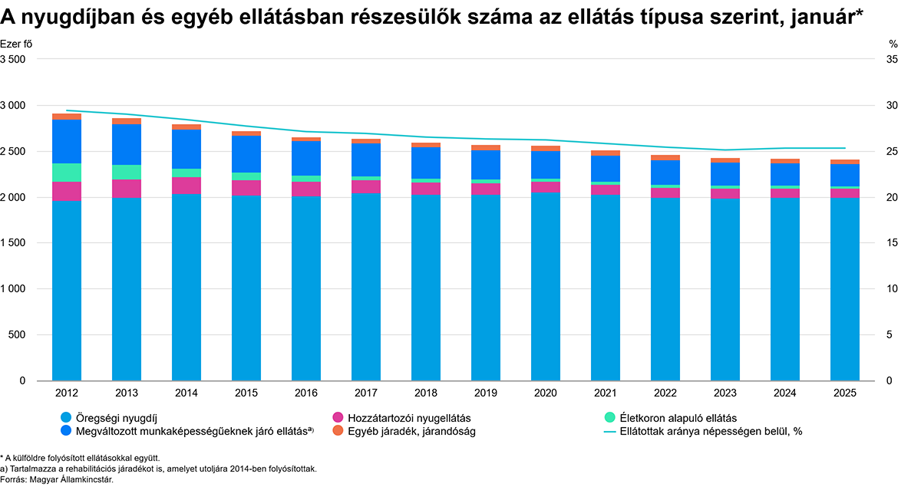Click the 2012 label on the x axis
pyautogui.click(x=67, y=393)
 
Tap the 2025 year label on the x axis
pyautogui.click(x=845, y=393)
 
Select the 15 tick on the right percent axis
pyautogui.click(x=892, y=243)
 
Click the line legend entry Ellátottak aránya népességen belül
pyautogui.click(x=702, y=432)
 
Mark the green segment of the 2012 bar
pyautogui.click(x=67, y=173)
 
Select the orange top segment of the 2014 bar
pyautogui.click(x=187, y=127)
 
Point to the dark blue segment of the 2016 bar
pyautogui.click(x=306, y=158)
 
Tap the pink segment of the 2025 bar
pyautogui.click(x=845, y=193)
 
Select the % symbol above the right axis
pyautogui.click(x=893, y=44)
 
